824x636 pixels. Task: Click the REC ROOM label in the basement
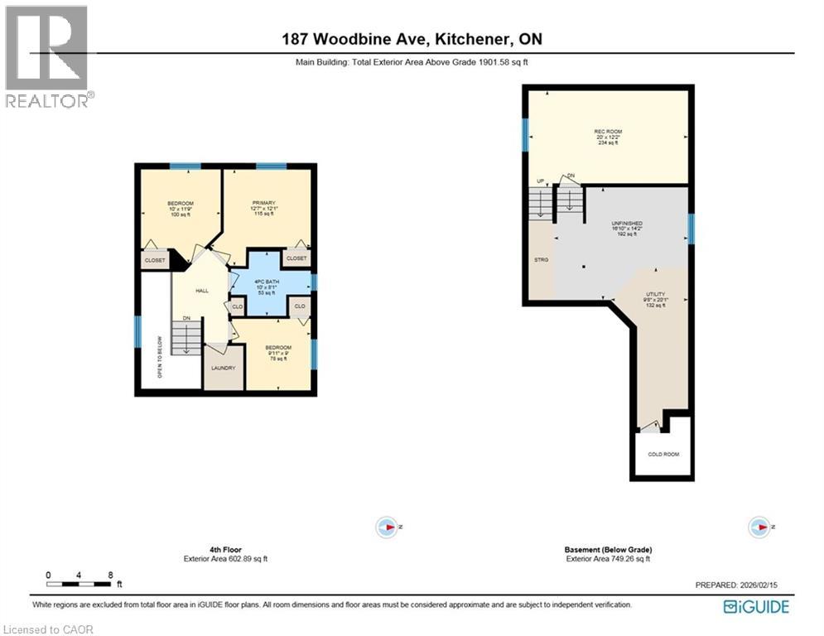608,132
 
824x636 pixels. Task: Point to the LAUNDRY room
223,367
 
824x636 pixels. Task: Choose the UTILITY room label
656,294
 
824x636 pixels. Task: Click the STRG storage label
541,260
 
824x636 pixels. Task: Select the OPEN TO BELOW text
160,357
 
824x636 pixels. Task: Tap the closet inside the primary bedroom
296,258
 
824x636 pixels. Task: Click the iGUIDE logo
755,607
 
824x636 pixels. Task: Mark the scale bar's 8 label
109,575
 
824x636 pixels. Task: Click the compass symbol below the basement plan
758,526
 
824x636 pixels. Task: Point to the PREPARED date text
737,585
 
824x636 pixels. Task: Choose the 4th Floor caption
225,549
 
